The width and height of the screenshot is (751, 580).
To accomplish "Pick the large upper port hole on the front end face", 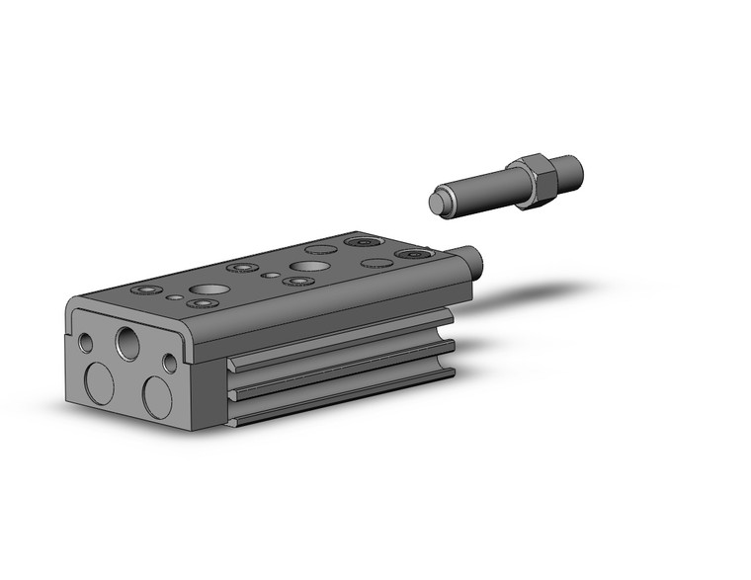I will [x=128, y=343].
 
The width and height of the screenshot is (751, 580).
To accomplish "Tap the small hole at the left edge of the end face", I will [x=87, y=343].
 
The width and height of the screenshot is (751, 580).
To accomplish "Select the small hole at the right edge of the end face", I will [x=170, y=364].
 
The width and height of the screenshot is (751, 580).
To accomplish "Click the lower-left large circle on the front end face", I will [x=99, y=382].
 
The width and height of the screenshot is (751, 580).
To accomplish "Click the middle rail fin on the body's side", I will [x=341, y=366].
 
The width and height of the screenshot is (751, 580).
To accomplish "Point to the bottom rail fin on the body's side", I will [x=341, y=396].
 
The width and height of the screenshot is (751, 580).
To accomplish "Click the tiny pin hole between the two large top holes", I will [x=269, y=276].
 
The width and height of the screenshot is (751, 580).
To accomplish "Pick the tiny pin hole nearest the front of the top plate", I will [x=175, y=296].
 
